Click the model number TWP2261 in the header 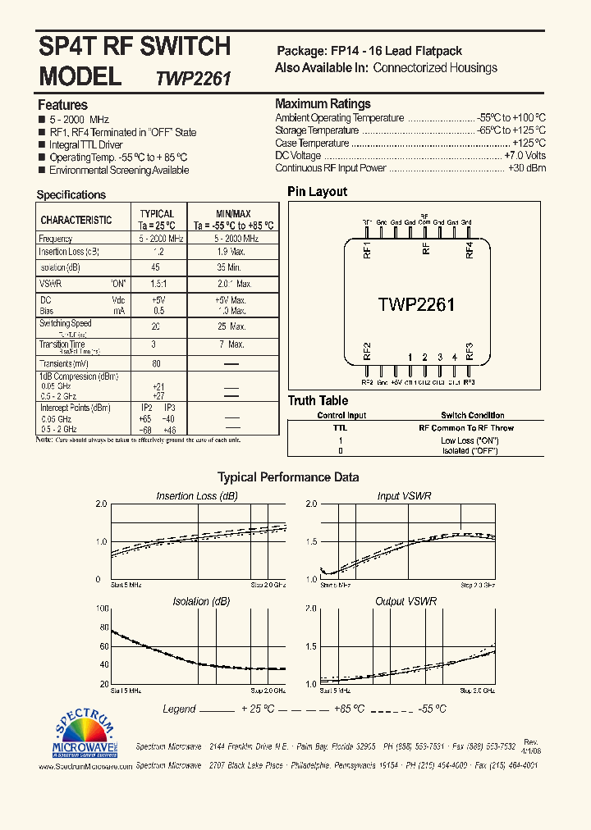(x=194, y=79)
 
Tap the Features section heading (x=62, y=105)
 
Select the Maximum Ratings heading (x=323, y=104)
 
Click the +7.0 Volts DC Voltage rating (x=525, y=155)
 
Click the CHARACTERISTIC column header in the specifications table (x=76, y=220)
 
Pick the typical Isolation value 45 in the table (x=156, y=267)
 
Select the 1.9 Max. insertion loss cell (x=232, y=252)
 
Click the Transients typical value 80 (x=156, y=363)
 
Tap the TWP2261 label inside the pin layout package (x=416, y=304)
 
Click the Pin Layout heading (x=317, y=192)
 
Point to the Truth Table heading (x=317, y=401)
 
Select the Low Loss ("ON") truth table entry (x=469, y=440)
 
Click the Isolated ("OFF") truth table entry (x=469, y=451)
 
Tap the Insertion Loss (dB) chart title (x=197, y=496)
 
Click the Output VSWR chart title (x=405, y=601)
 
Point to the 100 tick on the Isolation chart (x=103, y=609)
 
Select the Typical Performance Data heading (x=287, y=477)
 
